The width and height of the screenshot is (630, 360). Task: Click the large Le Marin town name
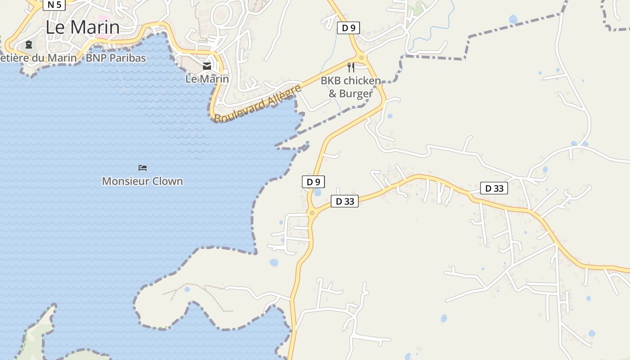pos(83,27)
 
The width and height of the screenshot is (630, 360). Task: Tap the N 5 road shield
pos(54,4)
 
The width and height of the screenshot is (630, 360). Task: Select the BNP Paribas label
pos(116,58)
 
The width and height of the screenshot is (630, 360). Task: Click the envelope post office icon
pos(207,66)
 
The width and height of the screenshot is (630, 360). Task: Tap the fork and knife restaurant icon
pos(351,67)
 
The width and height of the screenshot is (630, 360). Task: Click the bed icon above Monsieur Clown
pos(143,168)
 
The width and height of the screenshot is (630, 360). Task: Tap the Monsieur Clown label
pos(142,181)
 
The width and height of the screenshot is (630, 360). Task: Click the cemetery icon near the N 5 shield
pos(29,45)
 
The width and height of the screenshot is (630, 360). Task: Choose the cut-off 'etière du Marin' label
pos(39,58)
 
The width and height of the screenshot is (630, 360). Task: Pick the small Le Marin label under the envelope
pos(207,79)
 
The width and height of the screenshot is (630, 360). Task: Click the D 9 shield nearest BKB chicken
pos(348,28)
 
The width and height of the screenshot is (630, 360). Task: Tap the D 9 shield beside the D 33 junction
pos(313,182)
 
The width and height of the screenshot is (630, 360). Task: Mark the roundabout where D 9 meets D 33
pos(312,213)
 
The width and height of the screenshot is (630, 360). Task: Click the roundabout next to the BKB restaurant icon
pos(361,57)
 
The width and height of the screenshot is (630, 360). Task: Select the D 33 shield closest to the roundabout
pos(345,201)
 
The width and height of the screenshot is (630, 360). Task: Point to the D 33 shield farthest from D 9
pos(494,189)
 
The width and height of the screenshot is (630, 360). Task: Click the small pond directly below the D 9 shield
pos(317,192)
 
